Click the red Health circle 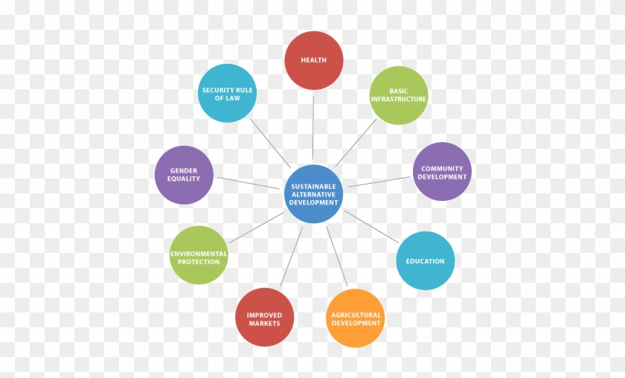pyautogui.click(x=314, y=60)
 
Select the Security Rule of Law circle pyautogui.click(x=227, y=93)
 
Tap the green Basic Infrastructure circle pyautogui.click(x=399, y=95)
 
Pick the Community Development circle pyautogui.click(x=442, y=171)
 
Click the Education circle pyautogui.click(x=426, y=260)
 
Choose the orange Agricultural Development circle pyautogui.click(x=356, y=318)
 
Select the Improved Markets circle pyautogui.click(x=264, y=318)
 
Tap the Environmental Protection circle pyautogui.click(x=199, y=255)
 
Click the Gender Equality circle pyautogui.click(x=184, y=175)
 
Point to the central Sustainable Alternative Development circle pyautogui.click(x=314, y=193)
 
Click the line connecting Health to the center pyautogui.click(x=313, y=127)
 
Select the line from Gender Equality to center pyautogui.click(x=249, y=183)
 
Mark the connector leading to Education pyautogui.click(x=371, y=226)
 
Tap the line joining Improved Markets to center pyautogui.click(x=292, y=257)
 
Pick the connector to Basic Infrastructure pyautogui.click(x=356, y=142)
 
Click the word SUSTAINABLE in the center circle pyautogui.click(x=314, y=186)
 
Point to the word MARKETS pyautogui.click(x=264, y=324)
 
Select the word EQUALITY pyautogui.click(x=184, y=179)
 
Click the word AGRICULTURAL pyautogui.click(x=356, y=315)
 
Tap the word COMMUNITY pyautogui.click(x=442, y=169)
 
